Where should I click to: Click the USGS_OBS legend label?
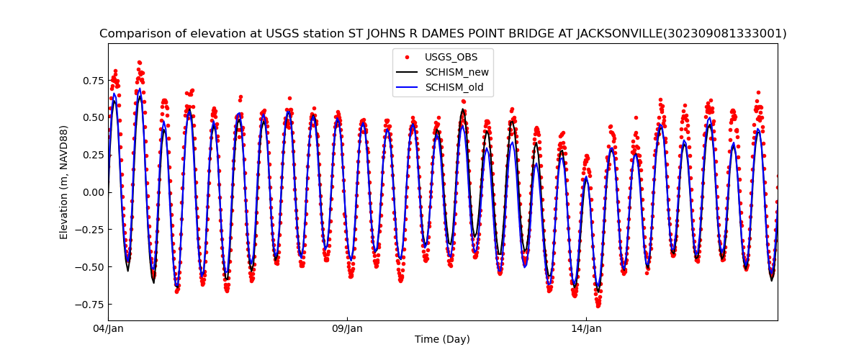pyautogui.click(x=451, y=57)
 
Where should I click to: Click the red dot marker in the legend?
pyautogui.click(x=408, y=57)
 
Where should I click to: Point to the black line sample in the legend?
pyautogui.click(x=408, y=73)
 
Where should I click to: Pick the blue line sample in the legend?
pyautogui.click(x=408, y=88)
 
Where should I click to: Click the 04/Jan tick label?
pyautogui.click(x=109, y=329)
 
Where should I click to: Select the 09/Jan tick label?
pyautogui.click(x=347, y=329)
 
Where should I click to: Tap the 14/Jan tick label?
pyautogui.click(x=586, y=329)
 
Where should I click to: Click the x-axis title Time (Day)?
pyautogui.click(x=442, y=340)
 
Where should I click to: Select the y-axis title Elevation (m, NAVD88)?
pyautogui.click(x=64, y=182)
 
